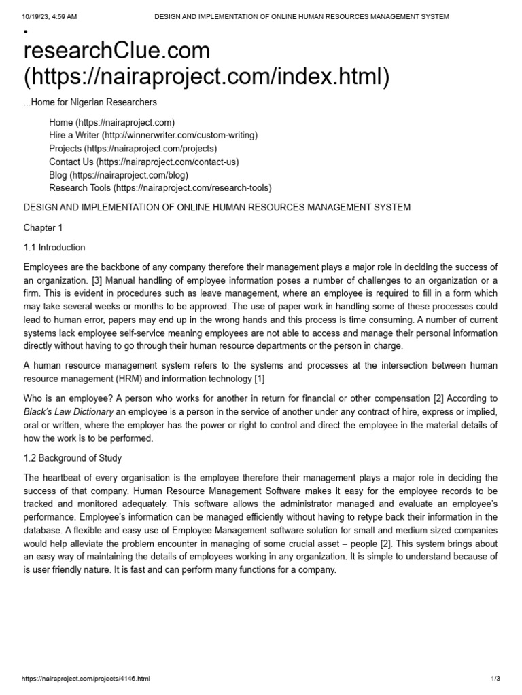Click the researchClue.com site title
(x=117, y=50)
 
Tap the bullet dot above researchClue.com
(x=25, y=32)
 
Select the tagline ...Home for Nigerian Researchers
(x=90, y=102)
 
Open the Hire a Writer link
(x=153, y=135)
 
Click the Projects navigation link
(x=133, y=148)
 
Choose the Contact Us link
(x=143, y=162)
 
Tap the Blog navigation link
(x=118, y=174)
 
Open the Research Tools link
(x=160, y=188)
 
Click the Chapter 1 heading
(x=43, y=227)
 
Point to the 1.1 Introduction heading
(x=54, y=247)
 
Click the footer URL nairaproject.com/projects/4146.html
(x=86, y=679)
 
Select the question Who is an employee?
(x=67, y=398)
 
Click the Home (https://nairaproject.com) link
(x=111, y=122)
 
